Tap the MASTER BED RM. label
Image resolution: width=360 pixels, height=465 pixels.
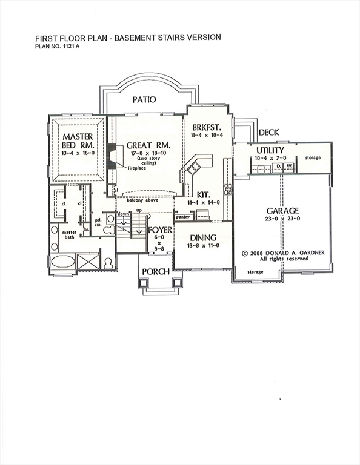point(77,141)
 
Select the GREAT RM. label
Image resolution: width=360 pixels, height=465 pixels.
point(148,146)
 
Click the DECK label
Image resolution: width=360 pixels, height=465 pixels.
point(268,133)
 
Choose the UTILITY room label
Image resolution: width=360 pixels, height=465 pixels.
point(270,150)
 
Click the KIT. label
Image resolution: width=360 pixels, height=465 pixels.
point(203,194)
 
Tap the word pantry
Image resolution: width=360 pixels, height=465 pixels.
point(183,216)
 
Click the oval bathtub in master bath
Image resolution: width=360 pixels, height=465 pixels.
point(63,262)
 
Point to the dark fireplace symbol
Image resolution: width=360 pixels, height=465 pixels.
point(112,155)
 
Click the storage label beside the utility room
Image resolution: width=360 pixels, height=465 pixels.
point(313,157)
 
